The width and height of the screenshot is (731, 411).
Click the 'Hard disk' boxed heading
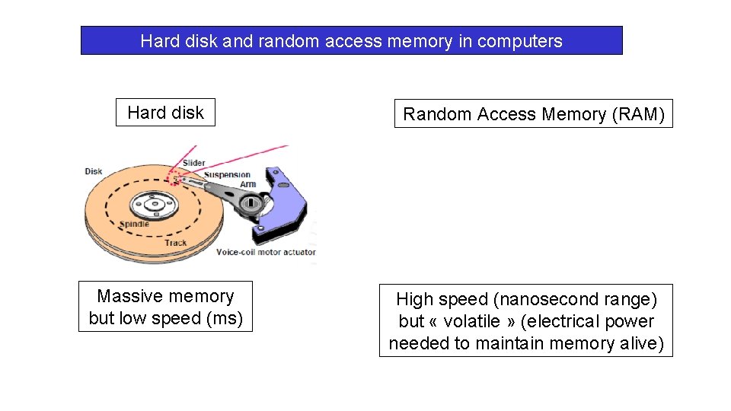click(x=165, y=113)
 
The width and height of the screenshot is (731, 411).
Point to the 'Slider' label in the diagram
click(x=193, y=163)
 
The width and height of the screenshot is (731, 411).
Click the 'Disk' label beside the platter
click(x=94, y=171)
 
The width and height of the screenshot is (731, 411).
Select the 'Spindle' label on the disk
click(x=134, y=225)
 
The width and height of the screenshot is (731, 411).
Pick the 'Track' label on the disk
click(x=175, y=243)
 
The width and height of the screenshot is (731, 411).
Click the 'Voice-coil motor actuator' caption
click(x=266, y=252)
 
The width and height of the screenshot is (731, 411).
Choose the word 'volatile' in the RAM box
click(x=473, y=321)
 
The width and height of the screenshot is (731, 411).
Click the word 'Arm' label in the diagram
click(x=247, y=183)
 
